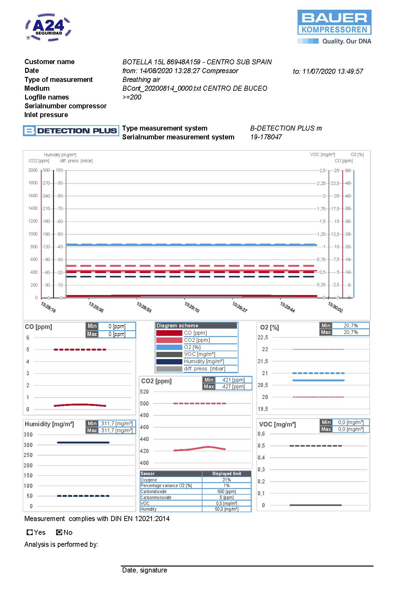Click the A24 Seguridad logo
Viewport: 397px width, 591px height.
(x=48, y=27)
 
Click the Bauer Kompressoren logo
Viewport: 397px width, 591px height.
(x=334, y=27)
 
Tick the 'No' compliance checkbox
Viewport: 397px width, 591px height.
(x=59, y=532)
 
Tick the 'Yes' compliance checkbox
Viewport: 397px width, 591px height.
(x=30, y=532)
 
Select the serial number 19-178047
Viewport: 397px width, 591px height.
(x=266, y=137)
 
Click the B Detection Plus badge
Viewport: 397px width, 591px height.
(x=71, y=131)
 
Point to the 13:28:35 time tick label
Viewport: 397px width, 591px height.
(x=96, y=307)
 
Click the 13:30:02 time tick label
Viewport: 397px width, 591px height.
(x=335, y=307)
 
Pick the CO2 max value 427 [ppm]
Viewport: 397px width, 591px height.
(x=233, y=387)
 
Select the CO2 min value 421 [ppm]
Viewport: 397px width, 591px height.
(x=233, y=380)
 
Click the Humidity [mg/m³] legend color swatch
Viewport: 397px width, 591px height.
(x=169, y=362)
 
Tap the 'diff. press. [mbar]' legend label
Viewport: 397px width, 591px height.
(x=205, y=369)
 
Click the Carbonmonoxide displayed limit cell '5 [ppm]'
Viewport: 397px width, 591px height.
(x=227, y=497)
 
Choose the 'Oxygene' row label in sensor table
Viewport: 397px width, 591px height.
(x=149, y=480)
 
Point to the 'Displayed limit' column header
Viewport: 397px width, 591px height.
(x=227, y=474)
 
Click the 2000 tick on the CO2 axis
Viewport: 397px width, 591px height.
(x=33, y=170)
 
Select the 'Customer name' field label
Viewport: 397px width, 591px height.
(x=50, y=62)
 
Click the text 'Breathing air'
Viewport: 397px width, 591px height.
(x=141, y=80)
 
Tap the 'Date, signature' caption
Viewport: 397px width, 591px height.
(x=145, y=570)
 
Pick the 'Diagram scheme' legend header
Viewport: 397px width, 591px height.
(x=177, y=326)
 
